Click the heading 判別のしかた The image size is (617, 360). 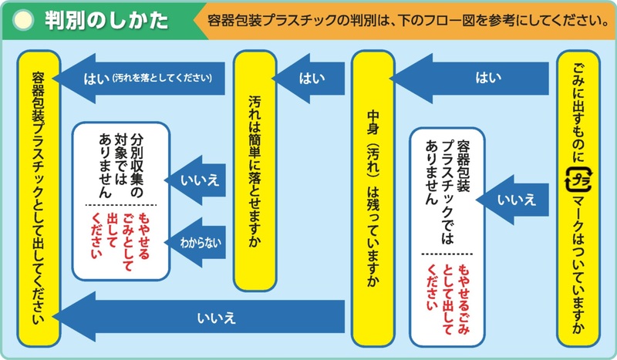[106, 21]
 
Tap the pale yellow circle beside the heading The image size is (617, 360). [23, 21]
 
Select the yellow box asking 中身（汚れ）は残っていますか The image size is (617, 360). [373, 198]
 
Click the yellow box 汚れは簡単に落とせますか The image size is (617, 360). [255, 170]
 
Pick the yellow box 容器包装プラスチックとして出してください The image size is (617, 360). [39, 198]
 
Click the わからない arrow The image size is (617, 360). [195, 242]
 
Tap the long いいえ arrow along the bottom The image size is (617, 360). [199, 317]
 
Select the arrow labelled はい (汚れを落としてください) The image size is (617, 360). [139, 79]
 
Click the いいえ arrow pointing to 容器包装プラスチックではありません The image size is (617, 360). [512, 200]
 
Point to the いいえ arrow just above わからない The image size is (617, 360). [195, 180]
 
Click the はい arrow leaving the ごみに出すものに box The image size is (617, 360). [470, 79]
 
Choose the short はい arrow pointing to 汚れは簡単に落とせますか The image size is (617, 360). [308, 79]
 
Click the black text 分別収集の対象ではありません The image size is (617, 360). [121, 165]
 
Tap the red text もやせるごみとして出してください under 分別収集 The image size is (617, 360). [121, 241]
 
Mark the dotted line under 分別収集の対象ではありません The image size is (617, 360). [121, 205]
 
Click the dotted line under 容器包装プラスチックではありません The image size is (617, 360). [447, 254]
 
